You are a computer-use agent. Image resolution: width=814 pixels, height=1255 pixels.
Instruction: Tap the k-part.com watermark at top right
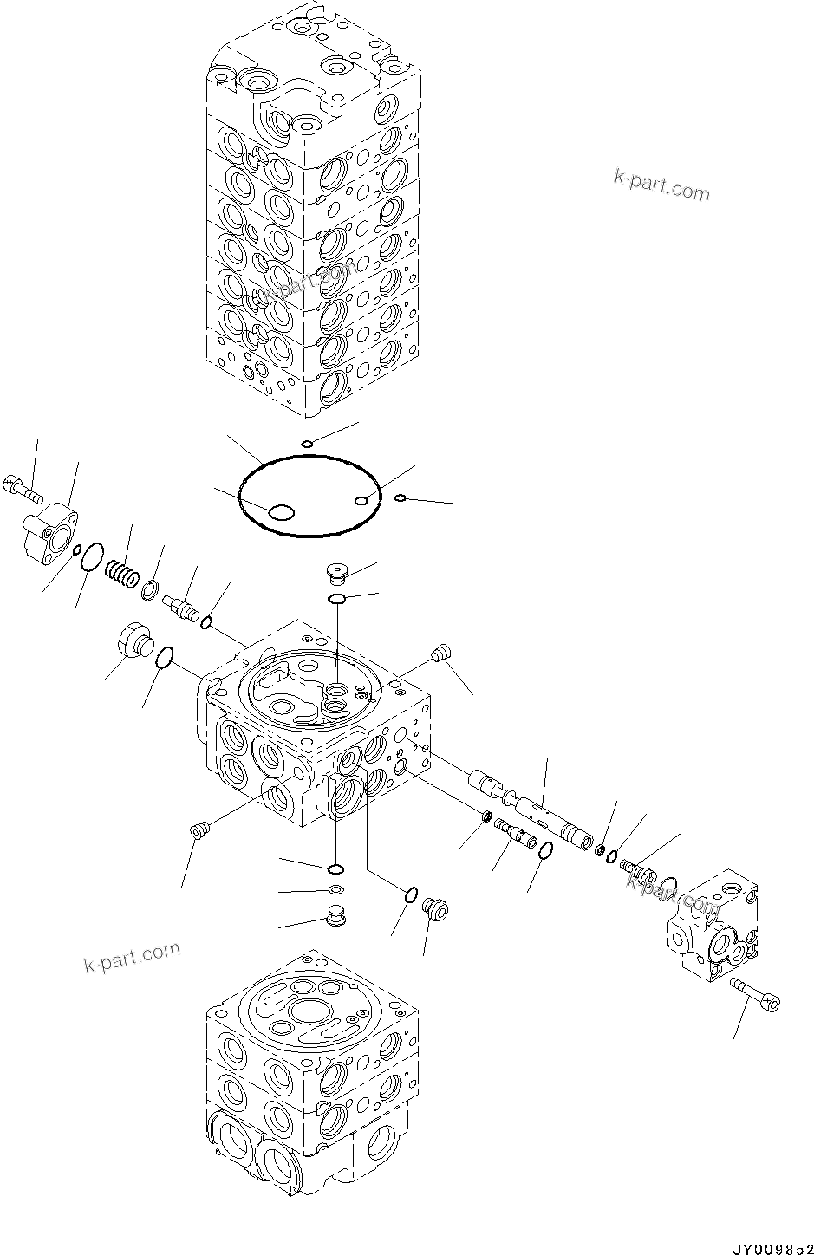(661, 185)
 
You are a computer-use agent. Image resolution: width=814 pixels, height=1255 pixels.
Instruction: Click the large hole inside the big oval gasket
(282, 512)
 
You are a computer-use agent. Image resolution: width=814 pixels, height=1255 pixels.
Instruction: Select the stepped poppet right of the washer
(181, 604)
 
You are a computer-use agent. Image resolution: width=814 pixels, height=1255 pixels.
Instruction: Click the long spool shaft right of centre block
(531, 808)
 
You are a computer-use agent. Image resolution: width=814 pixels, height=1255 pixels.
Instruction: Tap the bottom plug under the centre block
(335, 914)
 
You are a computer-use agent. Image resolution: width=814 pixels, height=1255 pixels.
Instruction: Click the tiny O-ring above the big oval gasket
(307, 445)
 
